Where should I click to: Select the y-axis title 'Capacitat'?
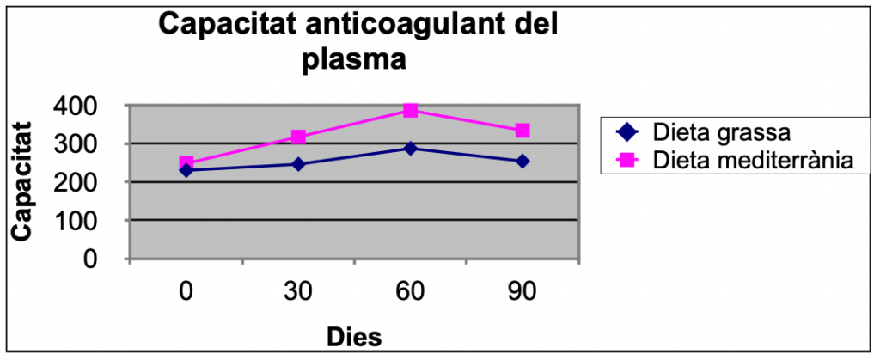[22, 182]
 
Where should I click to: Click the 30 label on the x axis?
[298, 292]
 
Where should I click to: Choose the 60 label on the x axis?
[410, 292]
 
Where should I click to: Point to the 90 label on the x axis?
[522, 292]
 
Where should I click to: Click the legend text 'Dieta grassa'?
[721, 133]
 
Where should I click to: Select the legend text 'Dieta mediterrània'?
[751, 160]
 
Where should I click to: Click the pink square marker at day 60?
[410, 111]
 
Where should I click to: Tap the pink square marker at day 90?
[522, 131]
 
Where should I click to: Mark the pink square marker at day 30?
[298, 137]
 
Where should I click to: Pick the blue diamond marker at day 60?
[410, 149]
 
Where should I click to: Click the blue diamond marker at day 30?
[298, 164]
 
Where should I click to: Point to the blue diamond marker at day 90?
[522, 161]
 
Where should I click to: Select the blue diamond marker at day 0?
[186, 170]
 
